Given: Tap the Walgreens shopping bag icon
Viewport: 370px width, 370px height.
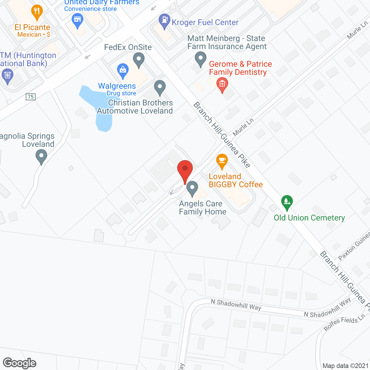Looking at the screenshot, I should tap(123, 70).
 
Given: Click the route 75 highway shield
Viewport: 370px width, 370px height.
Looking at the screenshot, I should tap(31, 97).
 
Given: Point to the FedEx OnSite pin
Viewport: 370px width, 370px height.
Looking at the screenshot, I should tap(139, 59).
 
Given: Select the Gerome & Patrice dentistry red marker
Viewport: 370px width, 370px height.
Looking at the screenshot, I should tap(222, 84).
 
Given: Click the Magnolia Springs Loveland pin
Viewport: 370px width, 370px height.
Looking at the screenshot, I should tap(41, 156).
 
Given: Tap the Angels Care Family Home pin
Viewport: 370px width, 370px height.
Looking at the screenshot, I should tap(192, 188).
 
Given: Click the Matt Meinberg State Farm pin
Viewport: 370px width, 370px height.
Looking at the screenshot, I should tap(200, 58).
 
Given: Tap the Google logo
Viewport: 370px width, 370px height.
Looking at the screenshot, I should tap(20, 363).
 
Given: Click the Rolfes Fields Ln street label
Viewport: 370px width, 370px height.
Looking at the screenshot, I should tap(344, 323).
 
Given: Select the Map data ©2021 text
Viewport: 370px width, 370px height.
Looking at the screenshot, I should tap(345, 366).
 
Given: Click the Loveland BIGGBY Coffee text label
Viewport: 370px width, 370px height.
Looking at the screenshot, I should tap(236, 180).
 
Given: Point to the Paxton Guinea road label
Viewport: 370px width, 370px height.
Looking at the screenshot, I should tap(354, 246).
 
